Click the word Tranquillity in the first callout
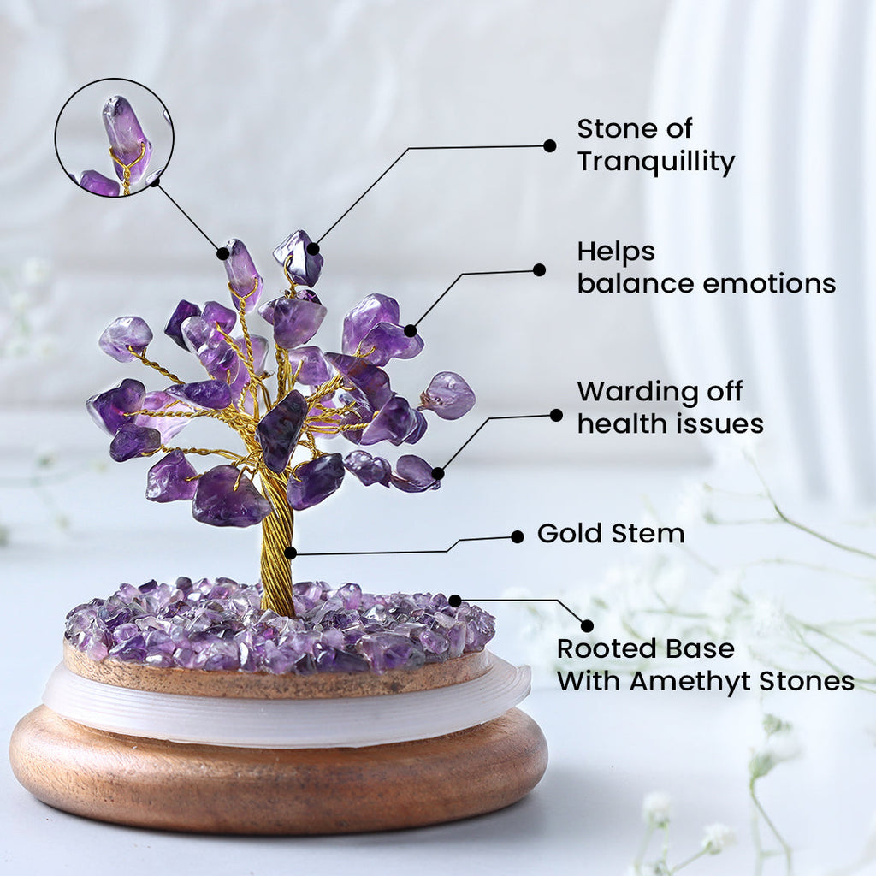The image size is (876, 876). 655,162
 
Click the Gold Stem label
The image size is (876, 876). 610,534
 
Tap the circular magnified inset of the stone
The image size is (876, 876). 115,137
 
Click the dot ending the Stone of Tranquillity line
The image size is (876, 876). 550,145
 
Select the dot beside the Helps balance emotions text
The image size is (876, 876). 539,270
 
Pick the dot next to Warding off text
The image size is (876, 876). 556,415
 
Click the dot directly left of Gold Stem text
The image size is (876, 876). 518,536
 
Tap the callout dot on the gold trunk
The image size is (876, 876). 291,553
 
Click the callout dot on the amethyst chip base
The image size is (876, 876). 455,601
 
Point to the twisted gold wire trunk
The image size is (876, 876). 276,547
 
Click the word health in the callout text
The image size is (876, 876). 621,423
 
